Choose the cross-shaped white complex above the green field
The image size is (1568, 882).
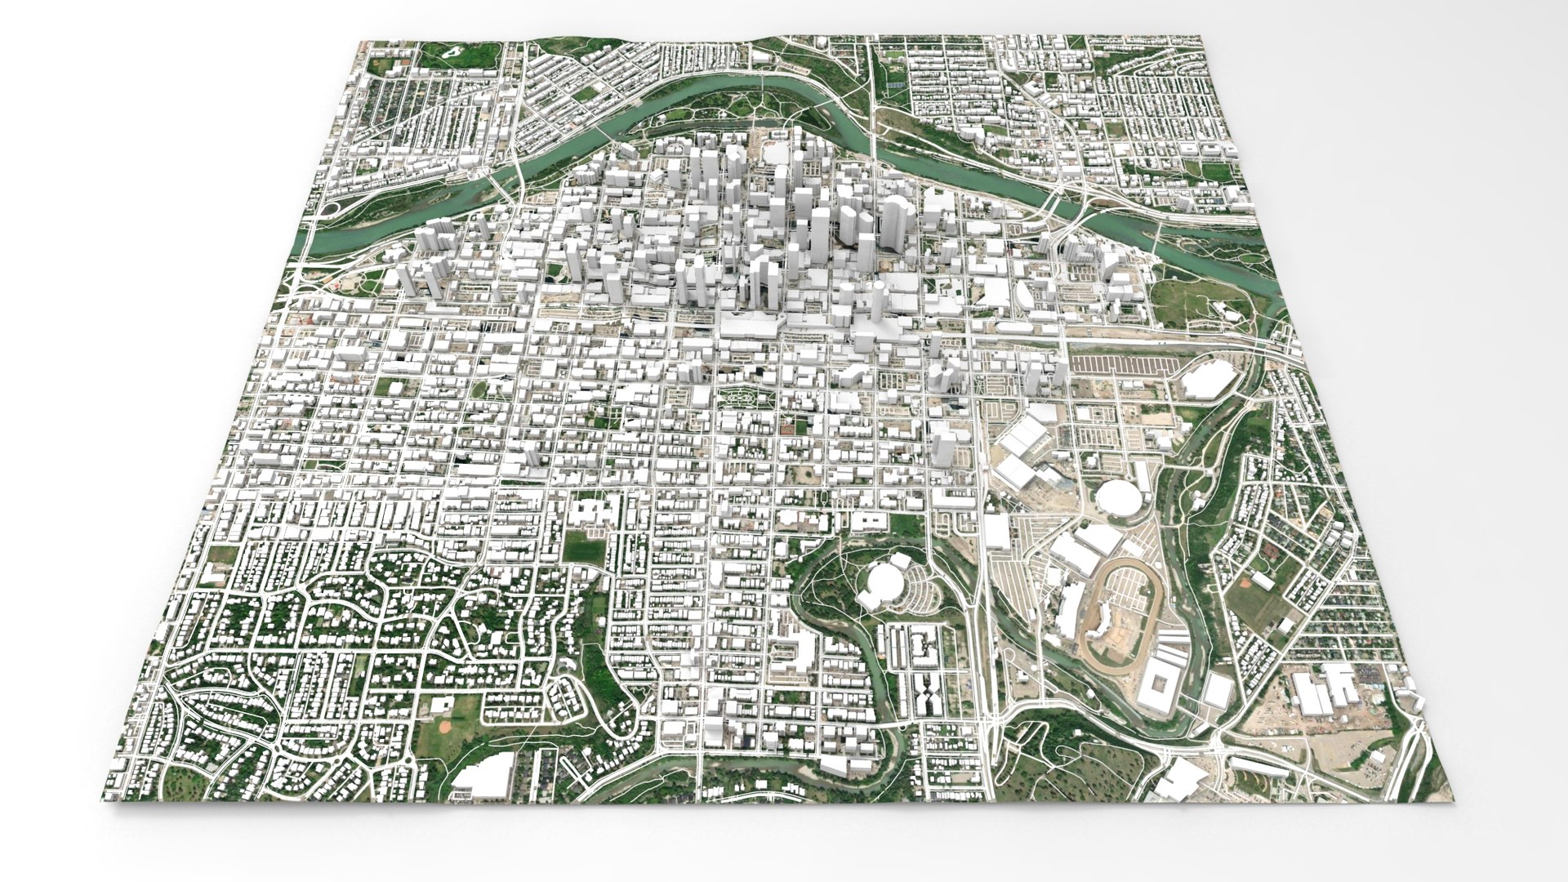[595, 512]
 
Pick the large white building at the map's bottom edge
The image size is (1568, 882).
[483, 773]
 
